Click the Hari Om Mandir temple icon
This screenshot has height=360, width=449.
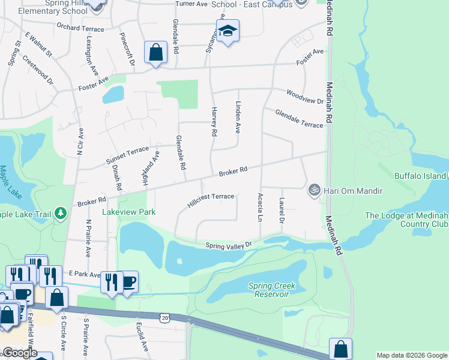click(313, 190)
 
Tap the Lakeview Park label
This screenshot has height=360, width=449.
click(129, 212)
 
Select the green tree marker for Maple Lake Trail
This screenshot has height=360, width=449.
click(60, 213)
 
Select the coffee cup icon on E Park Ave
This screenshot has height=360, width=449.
click(128, 282)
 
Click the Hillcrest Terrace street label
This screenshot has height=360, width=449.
click(210, 200)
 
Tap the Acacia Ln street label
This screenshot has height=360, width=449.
click(260, 208)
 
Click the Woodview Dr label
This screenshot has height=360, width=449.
click(305, 97)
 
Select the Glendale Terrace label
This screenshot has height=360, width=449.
click(299, 117)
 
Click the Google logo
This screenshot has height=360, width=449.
click(19, 353)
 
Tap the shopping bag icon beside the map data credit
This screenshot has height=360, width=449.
click(340, 349)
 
